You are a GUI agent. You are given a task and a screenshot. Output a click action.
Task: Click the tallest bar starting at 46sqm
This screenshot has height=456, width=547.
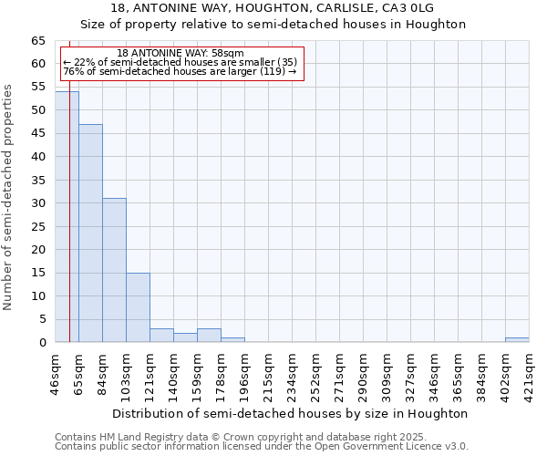67,217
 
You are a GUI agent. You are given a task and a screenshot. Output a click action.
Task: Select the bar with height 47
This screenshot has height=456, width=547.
90,233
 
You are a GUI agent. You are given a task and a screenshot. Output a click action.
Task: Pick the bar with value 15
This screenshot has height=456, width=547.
138,307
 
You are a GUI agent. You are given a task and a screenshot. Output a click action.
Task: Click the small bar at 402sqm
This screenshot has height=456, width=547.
517,340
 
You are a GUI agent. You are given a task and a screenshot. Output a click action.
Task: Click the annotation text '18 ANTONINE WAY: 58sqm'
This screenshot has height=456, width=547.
181,54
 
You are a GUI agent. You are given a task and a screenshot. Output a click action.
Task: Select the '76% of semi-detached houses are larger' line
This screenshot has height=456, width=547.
181,72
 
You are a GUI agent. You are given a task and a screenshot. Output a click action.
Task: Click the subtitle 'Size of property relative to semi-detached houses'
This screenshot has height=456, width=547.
273,25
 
